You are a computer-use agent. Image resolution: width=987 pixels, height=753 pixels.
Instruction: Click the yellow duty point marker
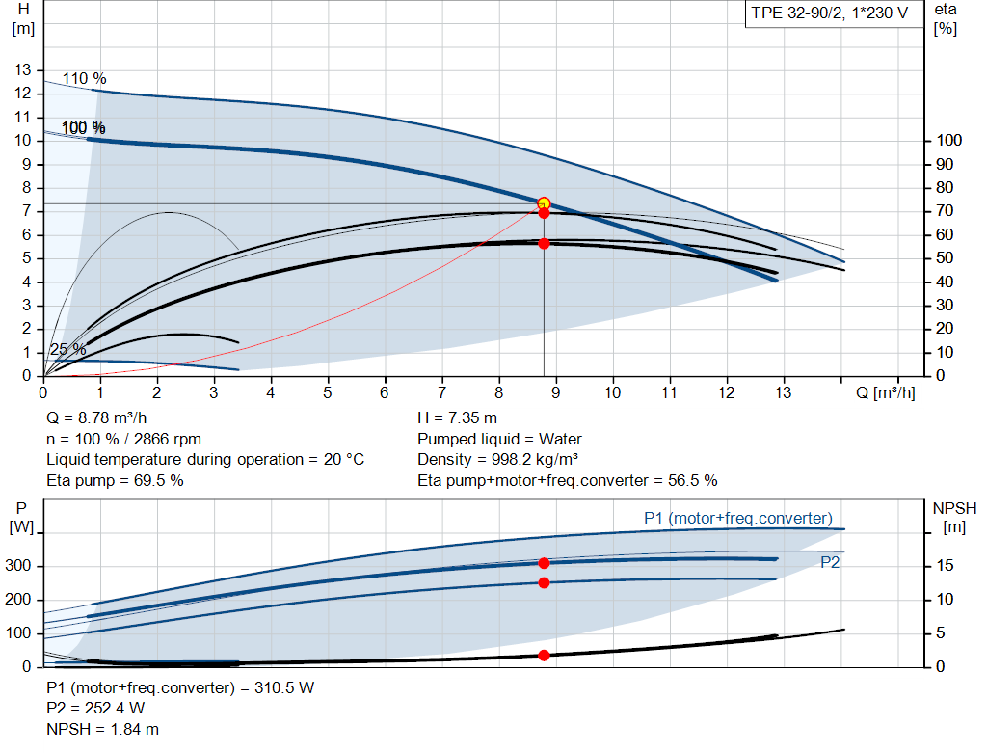coord(544,203)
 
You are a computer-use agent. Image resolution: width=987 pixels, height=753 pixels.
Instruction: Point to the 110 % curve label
coord(85,79)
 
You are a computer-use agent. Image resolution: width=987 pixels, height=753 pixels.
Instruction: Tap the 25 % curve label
coord(67,349)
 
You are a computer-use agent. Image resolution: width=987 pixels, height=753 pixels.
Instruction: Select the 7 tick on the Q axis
coord(442,392)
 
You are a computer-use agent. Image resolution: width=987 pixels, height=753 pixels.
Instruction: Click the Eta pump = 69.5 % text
coord(115,480)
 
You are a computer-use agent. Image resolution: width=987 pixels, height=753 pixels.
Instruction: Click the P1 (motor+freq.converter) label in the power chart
coord(737,519)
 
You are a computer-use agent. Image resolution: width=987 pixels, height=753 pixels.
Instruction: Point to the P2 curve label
coord(829,563)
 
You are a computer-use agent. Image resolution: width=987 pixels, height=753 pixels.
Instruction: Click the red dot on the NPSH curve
coord(544,656)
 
